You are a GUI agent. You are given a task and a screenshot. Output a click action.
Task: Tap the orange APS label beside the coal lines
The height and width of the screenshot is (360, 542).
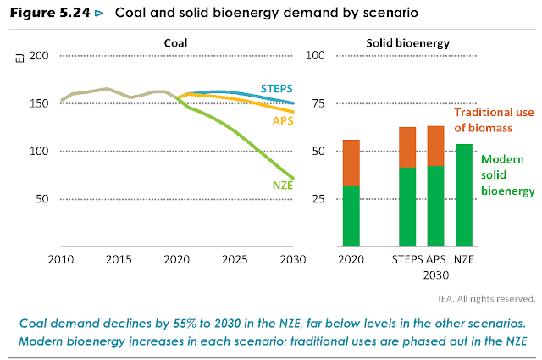tap(283, 121)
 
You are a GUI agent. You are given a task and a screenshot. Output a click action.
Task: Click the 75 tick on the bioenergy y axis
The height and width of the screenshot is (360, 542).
tap(316, 103)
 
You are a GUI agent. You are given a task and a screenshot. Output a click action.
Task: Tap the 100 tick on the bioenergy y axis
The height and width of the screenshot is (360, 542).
tap(314, 56)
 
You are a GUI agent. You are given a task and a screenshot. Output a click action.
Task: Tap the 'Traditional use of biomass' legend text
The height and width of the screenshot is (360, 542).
tap(494, 119)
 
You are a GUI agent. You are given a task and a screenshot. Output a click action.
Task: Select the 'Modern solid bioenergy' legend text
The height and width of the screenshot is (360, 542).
tap(506, 174)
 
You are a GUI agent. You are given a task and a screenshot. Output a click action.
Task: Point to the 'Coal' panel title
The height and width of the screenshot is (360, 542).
tap(176, 42)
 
